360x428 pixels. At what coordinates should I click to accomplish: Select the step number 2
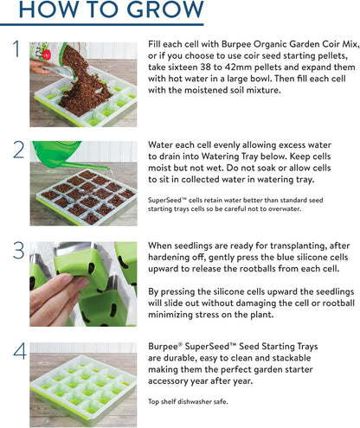(16, 150)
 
